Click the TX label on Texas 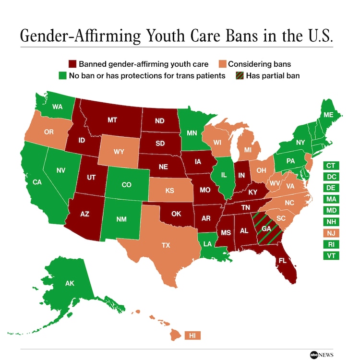166,245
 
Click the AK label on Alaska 70,283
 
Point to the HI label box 192,335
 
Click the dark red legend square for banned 72,64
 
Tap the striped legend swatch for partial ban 239,76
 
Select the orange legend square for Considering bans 221,64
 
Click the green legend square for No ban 62,76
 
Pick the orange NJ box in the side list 331,233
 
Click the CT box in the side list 331,166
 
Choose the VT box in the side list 331,255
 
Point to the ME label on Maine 328,115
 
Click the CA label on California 37,182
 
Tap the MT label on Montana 112,120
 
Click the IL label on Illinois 223,175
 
